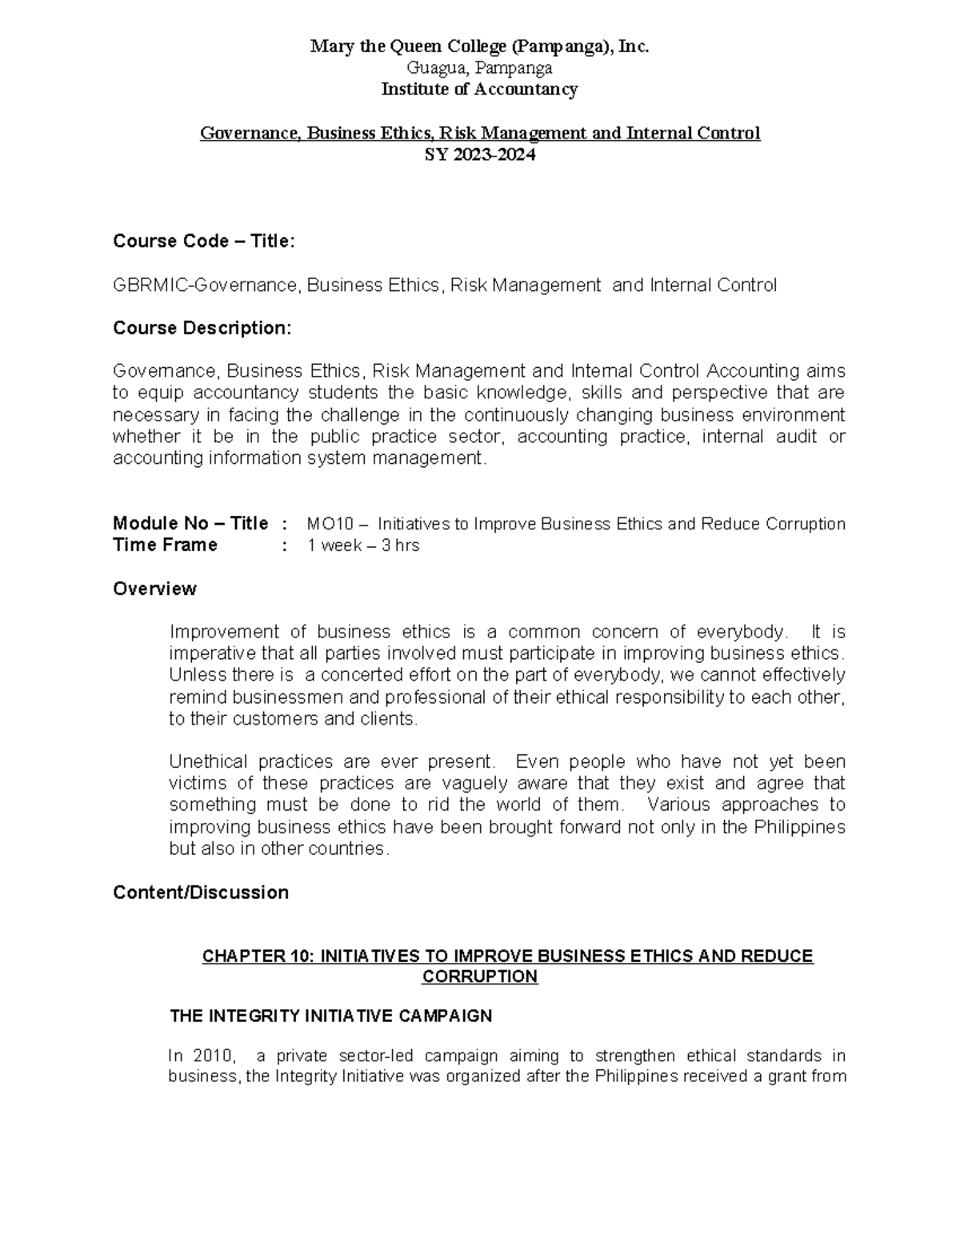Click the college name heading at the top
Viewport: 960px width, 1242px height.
click(x=479, y=47)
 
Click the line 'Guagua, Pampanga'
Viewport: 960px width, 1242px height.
click(x=479, y=68)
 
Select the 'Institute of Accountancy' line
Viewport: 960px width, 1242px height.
click(x=479, y=89)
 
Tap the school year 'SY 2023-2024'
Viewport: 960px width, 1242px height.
click(x=479, y=154)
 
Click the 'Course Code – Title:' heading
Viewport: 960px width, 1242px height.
click(x=204, y=241)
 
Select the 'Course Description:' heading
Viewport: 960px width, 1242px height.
click(x=202, y=328)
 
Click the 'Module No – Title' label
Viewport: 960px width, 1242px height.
click(x=190, y=524)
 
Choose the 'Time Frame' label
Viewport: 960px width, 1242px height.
click(x=165, y=545)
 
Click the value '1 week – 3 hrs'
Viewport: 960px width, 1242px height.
click(x=363, y=546)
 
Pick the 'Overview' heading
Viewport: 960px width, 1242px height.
click(x=154, y=589)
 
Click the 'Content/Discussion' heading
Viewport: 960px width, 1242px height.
click(x=201, y=893)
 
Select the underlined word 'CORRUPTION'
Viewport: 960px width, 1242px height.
click(x=479, y=977)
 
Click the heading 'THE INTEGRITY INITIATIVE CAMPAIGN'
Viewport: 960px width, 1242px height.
click(x=331, y=1016)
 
